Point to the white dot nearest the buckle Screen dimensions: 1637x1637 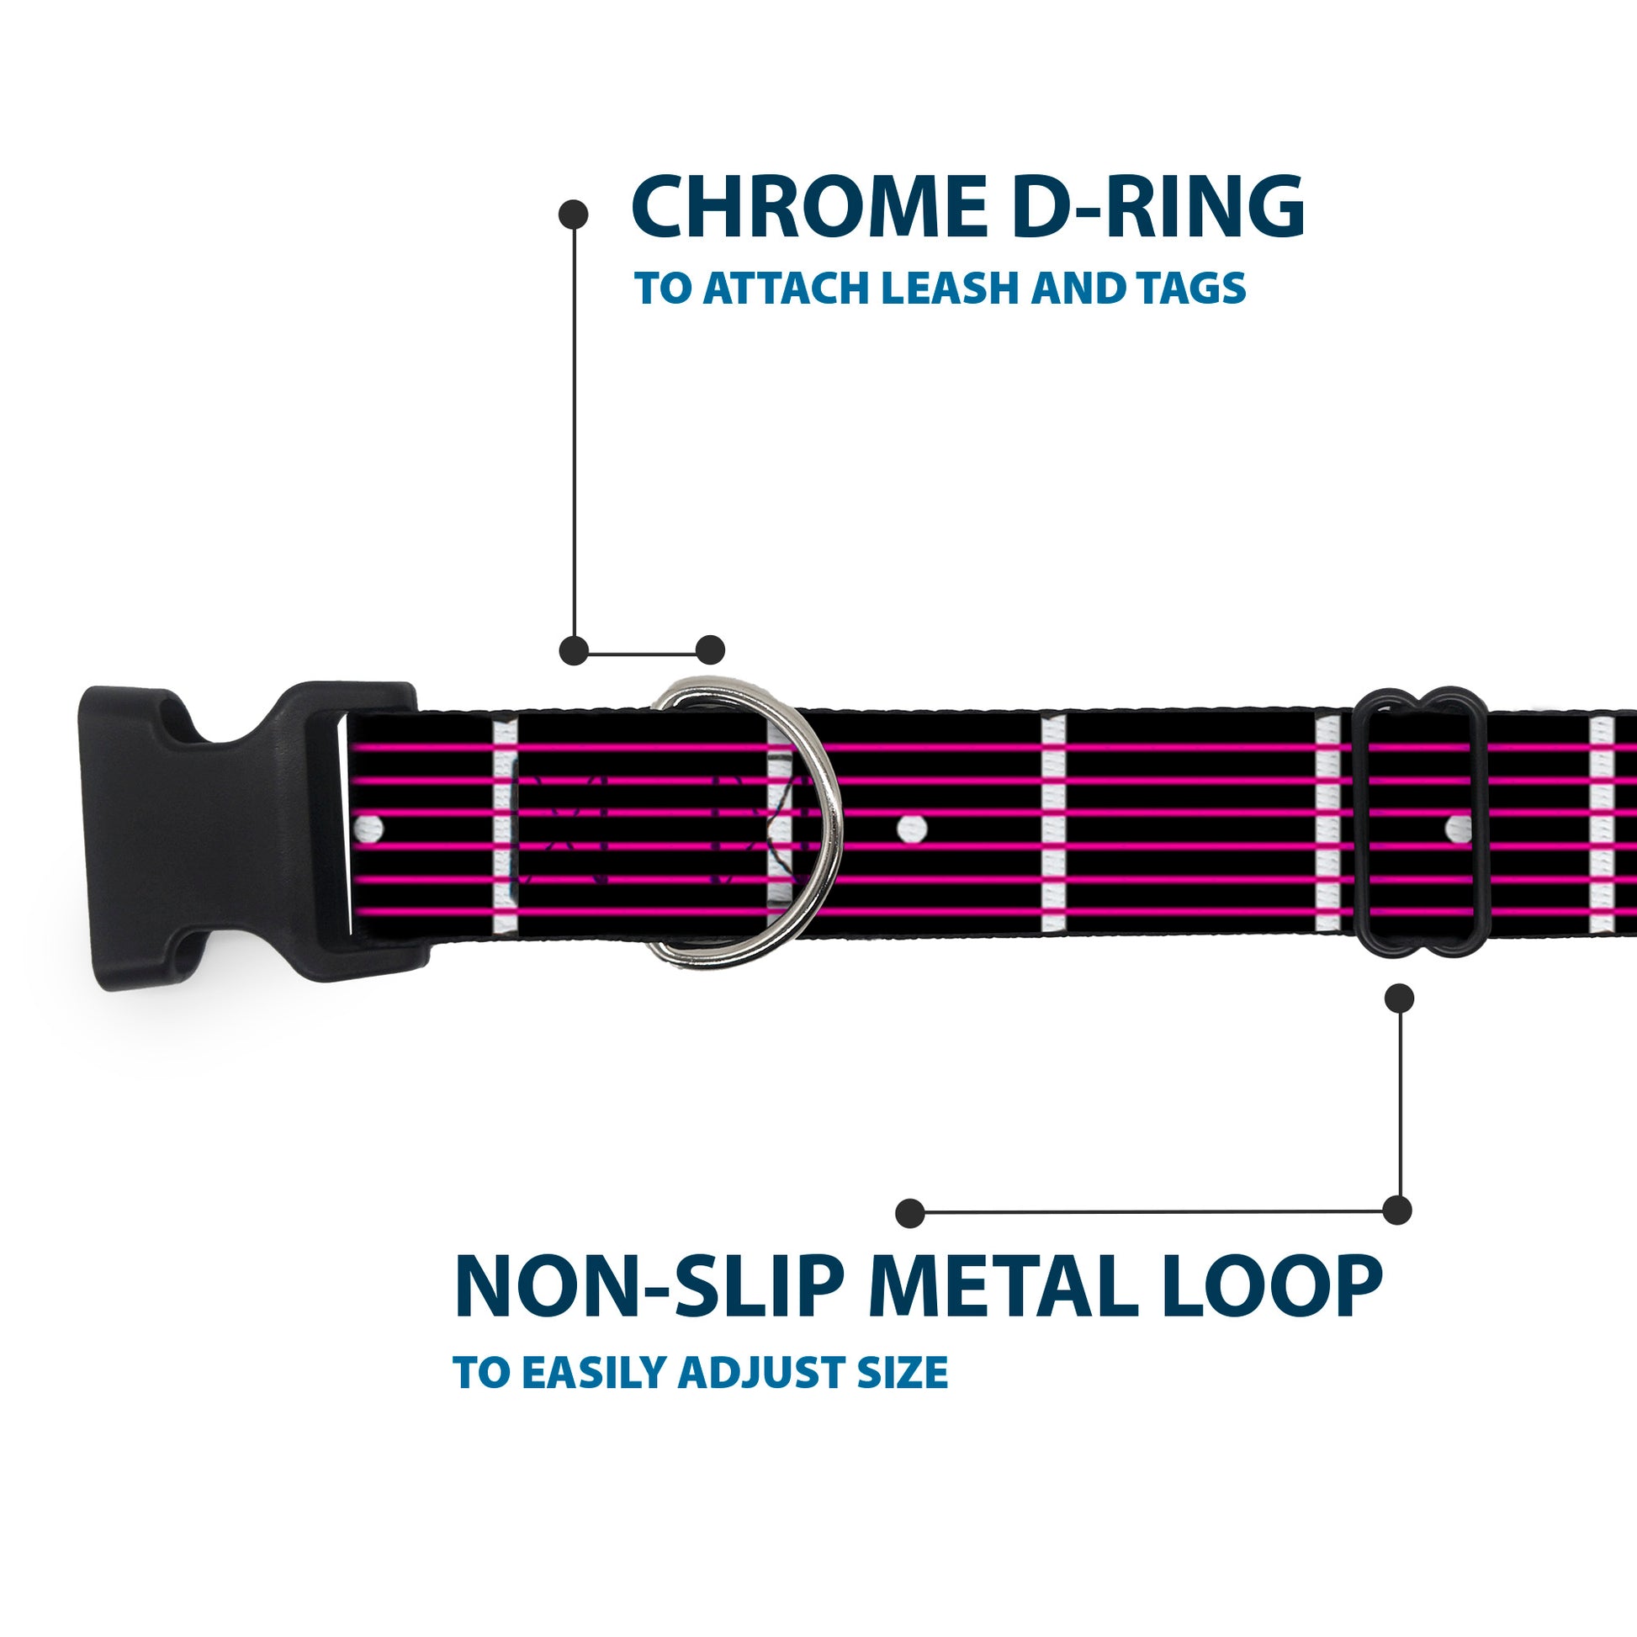click(x=370, y=826)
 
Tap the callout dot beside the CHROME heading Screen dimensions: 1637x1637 click(x=574, y=215)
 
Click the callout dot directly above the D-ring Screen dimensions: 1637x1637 click(x=710, y=650)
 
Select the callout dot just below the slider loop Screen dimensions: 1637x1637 click(x=1399, y=999)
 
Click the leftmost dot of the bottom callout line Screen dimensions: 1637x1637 click(x=909, y=1212)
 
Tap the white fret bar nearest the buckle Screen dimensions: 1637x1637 click(x=504, y=826)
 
